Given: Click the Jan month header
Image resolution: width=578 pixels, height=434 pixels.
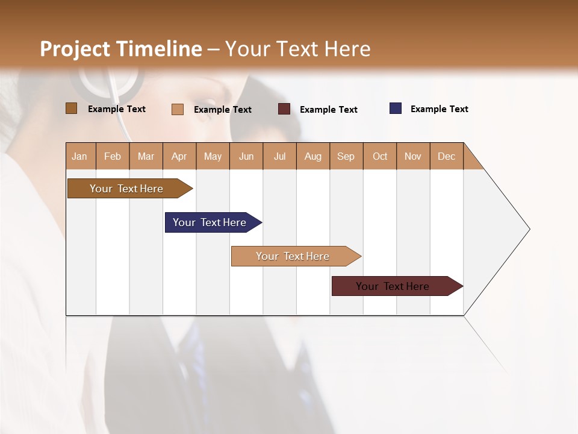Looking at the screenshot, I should [x=79, y=156].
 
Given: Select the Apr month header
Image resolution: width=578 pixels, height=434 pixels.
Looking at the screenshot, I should [x=179, y=156].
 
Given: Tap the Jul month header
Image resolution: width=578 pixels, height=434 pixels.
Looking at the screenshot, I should [x=279, y=156].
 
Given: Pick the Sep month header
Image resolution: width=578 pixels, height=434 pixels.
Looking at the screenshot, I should [x=346, y=156].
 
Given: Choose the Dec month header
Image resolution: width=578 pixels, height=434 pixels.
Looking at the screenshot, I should [x=446, y=156].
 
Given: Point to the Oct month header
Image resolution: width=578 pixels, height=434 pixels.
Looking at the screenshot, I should [x=380, y=156].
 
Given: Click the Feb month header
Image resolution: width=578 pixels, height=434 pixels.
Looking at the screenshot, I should [x=113, y=156].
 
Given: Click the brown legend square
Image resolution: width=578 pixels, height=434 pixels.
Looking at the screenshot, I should [x=72, y=108].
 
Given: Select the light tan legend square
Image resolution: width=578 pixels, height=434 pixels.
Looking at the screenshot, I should [x=178, y=109].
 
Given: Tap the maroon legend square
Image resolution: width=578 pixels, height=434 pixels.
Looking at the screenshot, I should [x=284, y=109].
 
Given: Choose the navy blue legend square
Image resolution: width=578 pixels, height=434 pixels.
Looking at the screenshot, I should [x=396, y=108].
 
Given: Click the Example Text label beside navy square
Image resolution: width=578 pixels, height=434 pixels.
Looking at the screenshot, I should [x=439, y=109].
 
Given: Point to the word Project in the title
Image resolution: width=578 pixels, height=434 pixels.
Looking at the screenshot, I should [x=76, y=49].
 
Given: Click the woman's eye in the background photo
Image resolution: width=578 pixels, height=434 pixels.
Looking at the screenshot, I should [x=208, y=101].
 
